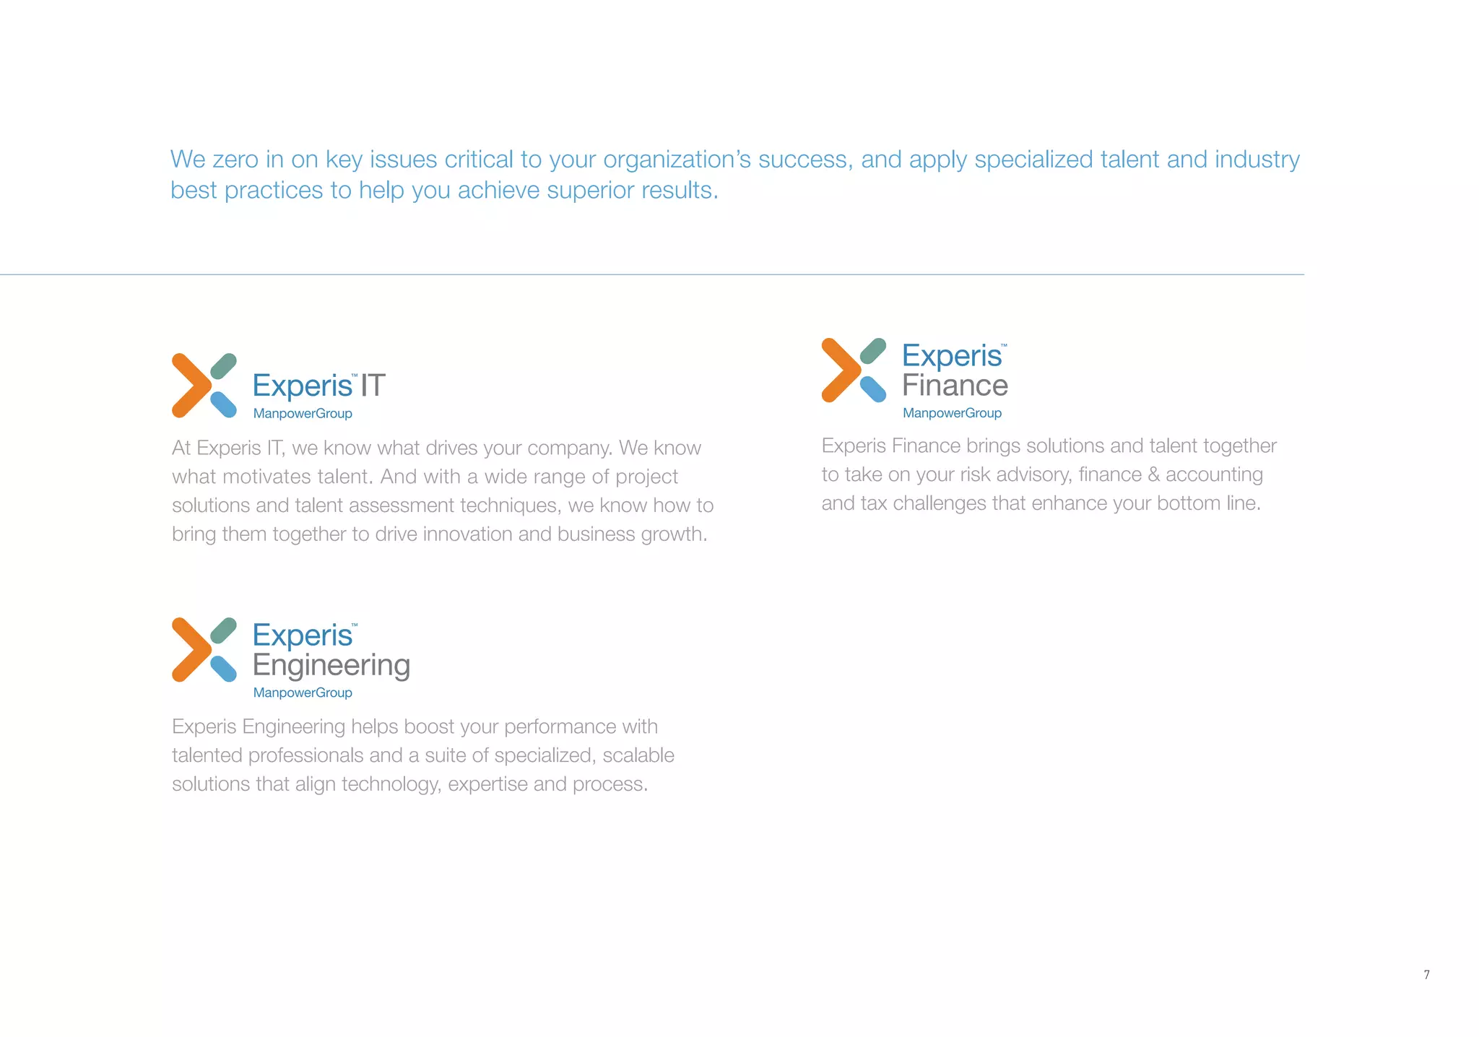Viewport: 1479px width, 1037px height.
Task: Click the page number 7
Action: click(x=1426, y=975)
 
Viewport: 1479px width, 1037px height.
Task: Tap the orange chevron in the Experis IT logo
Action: click(x=186, y=386)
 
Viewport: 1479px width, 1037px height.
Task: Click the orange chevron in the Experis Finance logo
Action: click(x=836, y=370)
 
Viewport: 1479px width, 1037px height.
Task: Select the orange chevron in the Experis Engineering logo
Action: click(x=186, y=650)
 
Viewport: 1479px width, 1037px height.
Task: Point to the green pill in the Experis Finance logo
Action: click(x=874, y=351)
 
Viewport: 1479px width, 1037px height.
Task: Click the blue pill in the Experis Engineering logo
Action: click(x=224, y=669)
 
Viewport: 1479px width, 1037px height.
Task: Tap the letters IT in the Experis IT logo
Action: click(x=373, y=386)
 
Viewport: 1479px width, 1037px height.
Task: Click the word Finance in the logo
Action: click(x=955, y=386)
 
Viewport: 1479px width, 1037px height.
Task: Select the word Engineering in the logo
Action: click(x=331, y=665)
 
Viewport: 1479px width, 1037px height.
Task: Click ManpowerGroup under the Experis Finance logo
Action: click(x=952, y=413)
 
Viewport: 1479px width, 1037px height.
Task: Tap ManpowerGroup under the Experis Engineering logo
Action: click(x=303, y=693)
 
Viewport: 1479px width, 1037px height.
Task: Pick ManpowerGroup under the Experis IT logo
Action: click(x=303, y=414)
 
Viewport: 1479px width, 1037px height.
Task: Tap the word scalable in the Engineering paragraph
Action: click(x=638, y=755)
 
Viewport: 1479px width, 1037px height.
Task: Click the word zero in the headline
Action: click(x=235, y=160)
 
